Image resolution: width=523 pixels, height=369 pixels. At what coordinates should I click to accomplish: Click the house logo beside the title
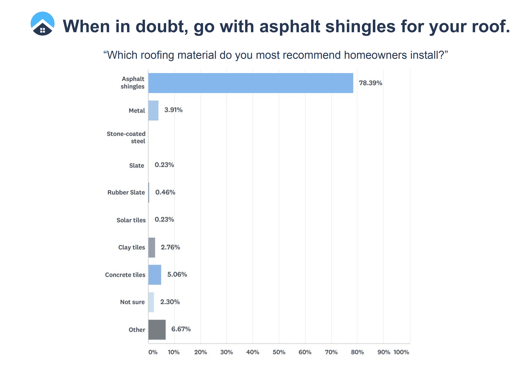coord(42,24)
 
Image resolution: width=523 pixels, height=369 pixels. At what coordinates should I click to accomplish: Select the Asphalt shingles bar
coord(251,83)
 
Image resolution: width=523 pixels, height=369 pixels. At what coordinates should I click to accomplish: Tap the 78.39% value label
coord(370,83)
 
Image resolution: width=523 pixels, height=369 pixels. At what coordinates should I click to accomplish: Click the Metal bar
coord(153,110)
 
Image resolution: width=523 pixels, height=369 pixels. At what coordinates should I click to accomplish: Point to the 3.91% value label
coord(173,110)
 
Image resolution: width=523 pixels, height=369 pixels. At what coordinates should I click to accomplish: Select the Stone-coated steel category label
coord(126,137)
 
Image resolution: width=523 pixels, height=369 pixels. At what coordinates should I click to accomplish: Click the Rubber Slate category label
coord(126,192)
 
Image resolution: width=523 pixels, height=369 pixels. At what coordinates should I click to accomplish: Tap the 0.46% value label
coord(165,192)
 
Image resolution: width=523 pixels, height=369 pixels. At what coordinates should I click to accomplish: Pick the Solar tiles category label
coord(131,220)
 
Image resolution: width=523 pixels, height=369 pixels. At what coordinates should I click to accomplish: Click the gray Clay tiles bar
coord(152,247)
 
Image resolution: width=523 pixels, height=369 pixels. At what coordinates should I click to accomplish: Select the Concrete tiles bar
coord(155,275)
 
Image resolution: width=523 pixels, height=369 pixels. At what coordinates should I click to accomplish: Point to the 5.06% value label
coord(177,274)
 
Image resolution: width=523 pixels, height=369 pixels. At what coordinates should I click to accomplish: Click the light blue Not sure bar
coord(151,302)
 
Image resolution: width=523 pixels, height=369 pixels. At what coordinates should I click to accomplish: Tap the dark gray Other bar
coord(157,330)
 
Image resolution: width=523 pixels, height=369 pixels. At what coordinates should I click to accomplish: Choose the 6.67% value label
coord(181,329)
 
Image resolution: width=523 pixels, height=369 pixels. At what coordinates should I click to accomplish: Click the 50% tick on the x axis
coord(279,352)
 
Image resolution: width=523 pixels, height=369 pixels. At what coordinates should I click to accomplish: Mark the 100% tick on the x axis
coord(401,352)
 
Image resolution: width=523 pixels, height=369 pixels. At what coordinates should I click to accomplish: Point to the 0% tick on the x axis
coord(153,352)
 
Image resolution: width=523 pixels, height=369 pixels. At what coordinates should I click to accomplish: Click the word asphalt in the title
coord(290,27)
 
